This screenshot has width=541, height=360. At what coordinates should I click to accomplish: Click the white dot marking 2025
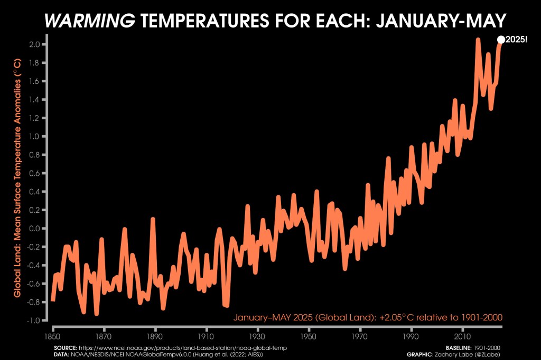click(x=501, y=40)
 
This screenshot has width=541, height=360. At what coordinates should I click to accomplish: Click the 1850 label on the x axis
click(x=53, y=335)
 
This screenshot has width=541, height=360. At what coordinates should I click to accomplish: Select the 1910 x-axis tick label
click(x=207, y=335)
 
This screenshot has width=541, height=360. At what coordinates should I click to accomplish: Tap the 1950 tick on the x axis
click(x=309, y=335)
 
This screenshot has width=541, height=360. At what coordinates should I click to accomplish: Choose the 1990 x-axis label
click(x=412, y=335)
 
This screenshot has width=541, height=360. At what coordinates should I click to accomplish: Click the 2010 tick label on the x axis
click(x=463, y=335)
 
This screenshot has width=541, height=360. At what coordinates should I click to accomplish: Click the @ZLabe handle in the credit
click(x=486, y=355)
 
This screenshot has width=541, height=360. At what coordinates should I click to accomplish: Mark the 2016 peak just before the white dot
click(x=478, y=40)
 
